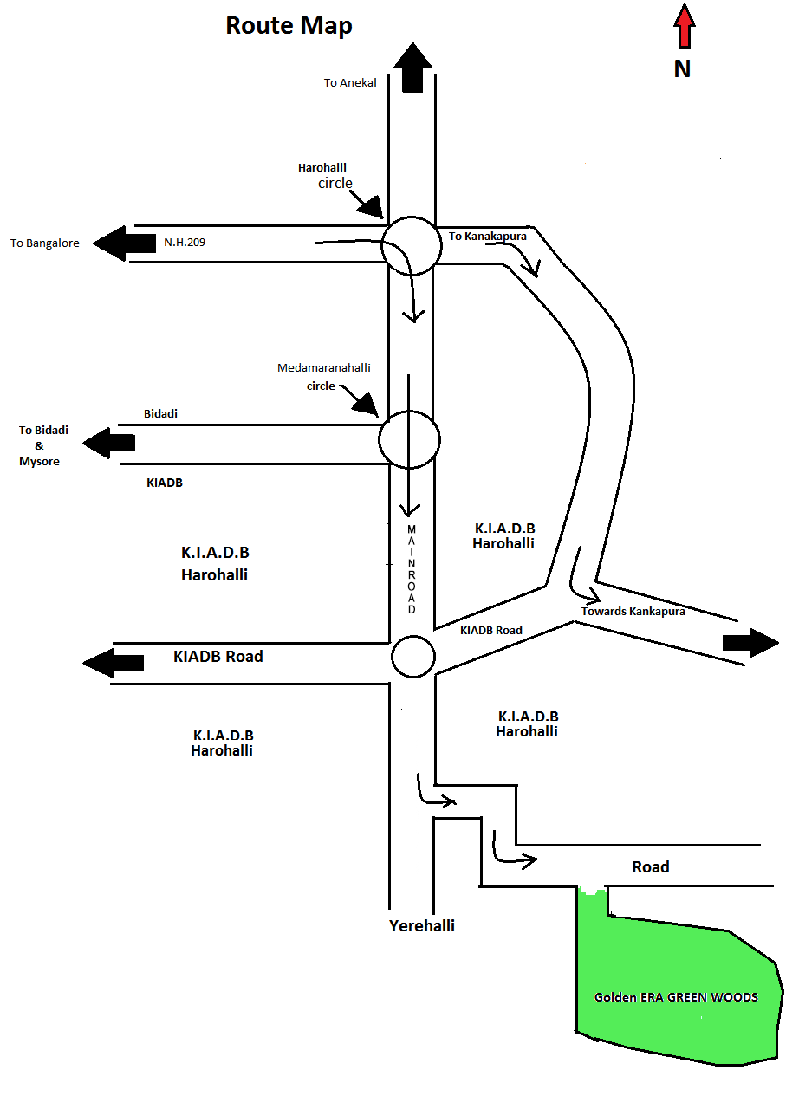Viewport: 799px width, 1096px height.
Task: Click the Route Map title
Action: (289, 26)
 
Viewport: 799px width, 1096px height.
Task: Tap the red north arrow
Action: (685, 26)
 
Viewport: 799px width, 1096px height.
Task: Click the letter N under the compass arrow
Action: (683, 69)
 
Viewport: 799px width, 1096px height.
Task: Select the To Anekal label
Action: (350, 83)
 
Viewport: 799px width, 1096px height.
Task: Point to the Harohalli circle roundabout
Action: (412, 245)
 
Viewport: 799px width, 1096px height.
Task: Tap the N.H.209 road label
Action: (185, 243)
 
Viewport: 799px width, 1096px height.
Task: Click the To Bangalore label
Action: (45, 243)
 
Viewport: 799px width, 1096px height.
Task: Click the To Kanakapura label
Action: (487, 236)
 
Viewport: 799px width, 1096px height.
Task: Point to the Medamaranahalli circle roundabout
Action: (409, 439)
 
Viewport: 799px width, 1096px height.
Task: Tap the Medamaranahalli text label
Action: (324, 368)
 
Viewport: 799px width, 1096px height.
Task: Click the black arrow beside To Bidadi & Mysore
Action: (109, 443)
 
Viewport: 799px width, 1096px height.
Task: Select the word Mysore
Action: (40, 462)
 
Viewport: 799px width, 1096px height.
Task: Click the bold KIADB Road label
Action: (218, 657)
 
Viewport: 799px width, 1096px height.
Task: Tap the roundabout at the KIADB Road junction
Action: (412, 657)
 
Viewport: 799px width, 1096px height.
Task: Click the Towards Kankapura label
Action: (633, 612)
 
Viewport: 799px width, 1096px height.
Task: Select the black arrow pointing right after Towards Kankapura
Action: (750, 643)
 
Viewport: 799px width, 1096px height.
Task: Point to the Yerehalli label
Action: (422, 925)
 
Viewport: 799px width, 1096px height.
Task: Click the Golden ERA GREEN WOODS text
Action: (676, 997)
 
